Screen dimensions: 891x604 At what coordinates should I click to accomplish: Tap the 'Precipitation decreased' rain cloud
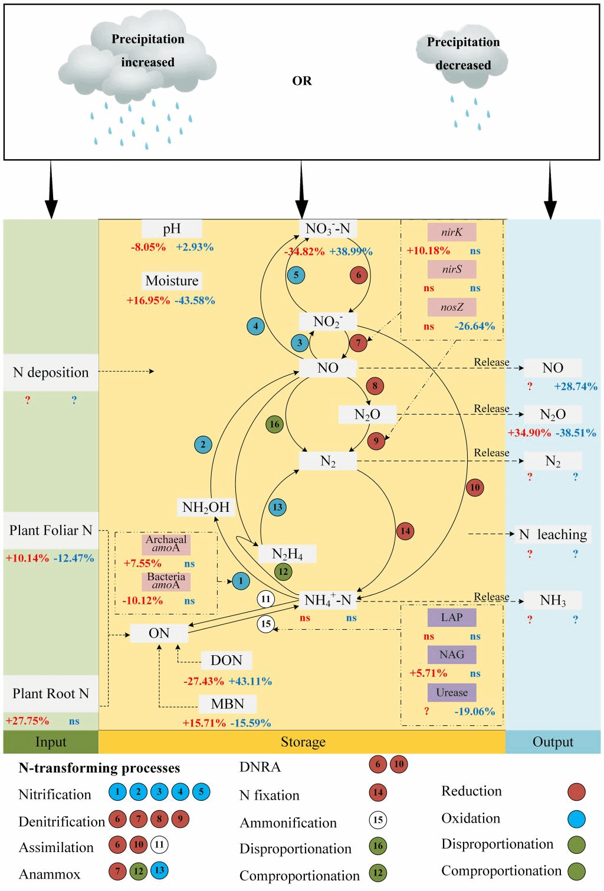[462, 59]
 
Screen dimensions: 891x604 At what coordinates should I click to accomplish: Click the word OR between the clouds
[301, 81]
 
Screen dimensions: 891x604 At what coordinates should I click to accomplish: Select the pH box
[172, 229]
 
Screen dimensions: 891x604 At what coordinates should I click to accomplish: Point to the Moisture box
[172, 281]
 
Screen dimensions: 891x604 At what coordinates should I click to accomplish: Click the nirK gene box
[452, 232]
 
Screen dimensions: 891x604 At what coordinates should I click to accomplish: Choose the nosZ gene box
[452, 307]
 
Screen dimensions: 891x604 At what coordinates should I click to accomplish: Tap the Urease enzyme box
[452, 692]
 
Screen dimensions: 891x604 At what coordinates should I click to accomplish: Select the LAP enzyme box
[452, 617]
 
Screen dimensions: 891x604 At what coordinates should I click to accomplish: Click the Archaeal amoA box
[166, 544]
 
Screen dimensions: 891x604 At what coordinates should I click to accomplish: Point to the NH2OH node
[206, 507]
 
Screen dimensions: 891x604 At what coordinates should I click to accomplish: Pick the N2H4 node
[287, 554]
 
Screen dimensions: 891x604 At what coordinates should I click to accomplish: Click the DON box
[226, 660]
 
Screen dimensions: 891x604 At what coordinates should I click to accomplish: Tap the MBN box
[227, 703]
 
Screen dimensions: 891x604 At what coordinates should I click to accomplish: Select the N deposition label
[51, 372]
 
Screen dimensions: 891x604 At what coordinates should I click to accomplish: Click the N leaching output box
[553, 534]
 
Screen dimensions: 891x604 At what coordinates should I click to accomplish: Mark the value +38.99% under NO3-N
[351, 251]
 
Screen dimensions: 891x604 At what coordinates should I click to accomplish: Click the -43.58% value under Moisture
[195, 300]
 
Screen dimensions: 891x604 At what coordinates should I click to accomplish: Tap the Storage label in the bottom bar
[303, 742]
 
